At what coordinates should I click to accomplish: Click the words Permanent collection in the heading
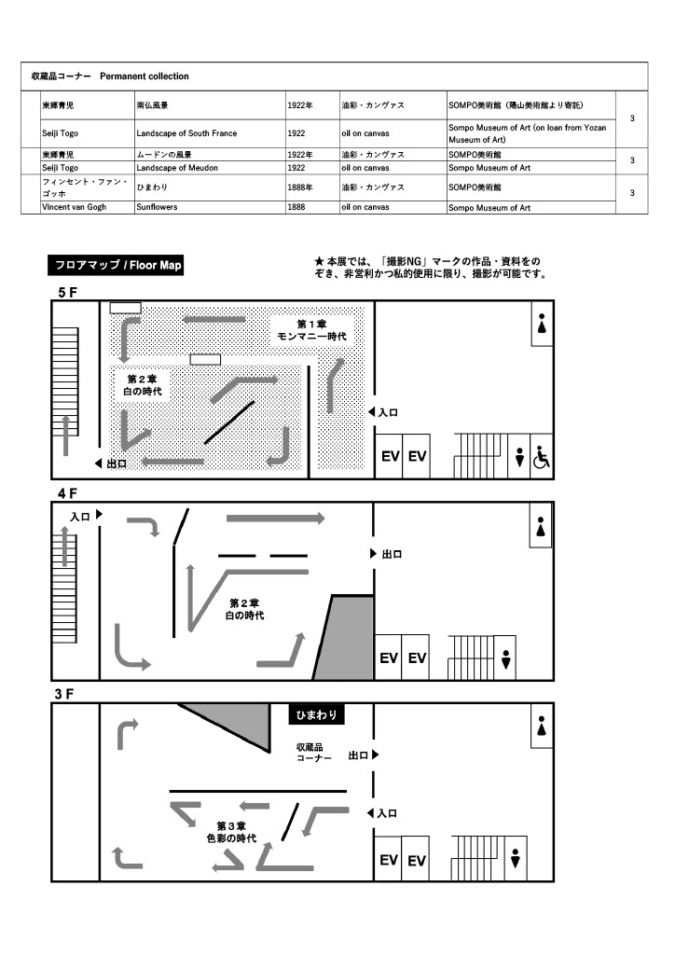[144, 76]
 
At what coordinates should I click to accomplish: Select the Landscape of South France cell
[186, 133]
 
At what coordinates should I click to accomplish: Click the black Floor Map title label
[117, 266]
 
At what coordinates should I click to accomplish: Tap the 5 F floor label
[68, 293]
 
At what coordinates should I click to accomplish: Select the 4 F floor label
[68, 492]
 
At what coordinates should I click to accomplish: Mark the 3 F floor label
[64, 693]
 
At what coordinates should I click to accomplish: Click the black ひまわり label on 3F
[317, 715]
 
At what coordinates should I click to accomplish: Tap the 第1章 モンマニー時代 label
[311, 329]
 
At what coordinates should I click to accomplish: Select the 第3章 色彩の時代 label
[231, 832]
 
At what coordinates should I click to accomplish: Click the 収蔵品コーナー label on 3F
[314, 754]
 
